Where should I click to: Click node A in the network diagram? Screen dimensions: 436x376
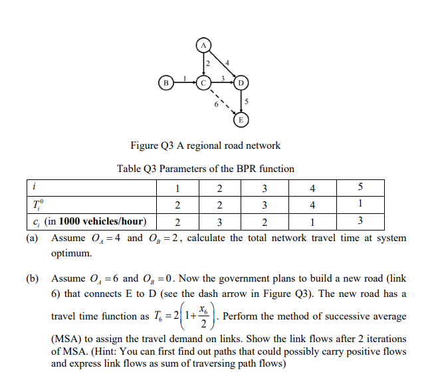point(203,45)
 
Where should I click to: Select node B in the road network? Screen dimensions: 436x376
point(166,83)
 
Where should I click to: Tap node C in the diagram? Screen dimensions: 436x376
point(203,83)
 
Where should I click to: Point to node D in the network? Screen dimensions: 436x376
point(241,83)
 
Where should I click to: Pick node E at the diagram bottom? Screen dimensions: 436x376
point(241,120)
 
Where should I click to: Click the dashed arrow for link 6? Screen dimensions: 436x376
point(223,102)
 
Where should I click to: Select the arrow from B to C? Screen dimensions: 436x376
point(185,82)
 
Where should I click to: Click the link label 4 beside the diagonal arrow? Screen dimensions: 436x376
point(227,63)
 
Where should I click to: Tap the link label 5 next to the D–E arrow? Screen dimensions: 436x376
point(247,102)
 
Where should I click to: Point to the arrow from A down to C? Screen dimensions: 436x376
point(203,64)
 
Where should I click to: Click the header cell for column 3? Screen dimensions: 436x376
point(265,188)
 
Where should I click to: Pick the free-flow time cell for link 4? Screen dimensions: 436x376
point(312,205)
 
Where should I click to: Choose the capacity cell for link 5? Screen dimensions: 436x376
point(360,221)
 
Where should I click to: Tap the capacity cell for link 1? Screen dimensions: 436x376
point(177,222)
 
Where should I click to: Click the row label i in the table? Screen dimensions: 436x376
point(34,187)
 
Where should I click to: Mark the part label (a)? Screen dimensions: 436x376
point(32,238)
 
